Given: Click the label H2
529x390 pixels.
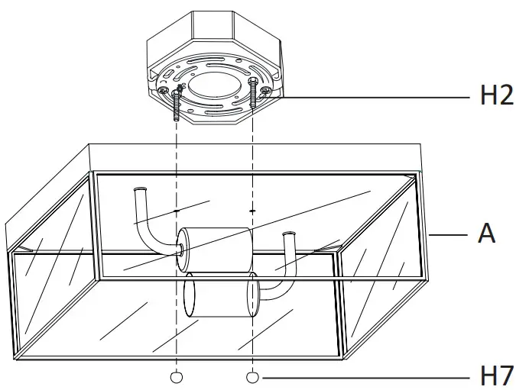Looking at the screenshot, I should click(496, 97).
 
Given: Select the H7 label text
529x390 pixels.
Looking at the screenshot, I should click(496, 375).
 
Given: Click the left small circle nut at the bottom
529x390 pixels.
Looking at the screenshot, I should click(177, 377).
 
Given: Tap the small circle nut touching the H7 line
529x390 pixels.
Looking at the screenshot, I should click(253, 377).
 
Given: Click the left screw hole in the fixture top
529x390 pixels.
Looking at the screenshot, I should click(177, 208).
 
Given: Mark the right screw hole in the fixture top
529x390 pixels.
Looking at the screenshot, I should click(253, 208).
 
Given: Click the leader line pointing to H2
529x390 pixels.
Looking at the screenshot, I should click(375, 97).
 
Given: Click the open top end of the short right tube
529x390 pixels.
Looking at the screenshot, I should click(288, 234).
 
